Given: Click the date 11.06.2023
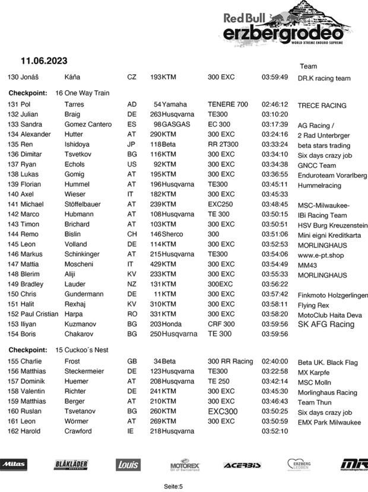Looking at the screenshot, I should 44,60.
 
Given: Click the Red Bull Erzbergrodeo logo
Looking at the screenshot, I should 287,24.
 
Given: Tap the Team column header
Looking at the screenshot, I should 308,66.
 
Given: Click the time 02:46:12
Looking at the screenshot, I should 275,104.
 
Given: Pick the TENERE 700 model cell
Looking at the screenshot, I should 228,104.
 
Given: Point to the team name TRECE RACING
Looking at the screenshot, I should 322,106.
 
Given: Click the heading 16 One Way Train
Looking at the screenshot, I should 83,93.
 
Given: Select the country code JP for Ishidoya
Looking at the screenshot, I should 131,144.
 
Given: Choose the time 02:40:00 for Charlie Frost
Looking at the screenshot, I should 275,361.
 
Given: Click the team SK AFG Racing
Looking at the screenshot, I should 326,324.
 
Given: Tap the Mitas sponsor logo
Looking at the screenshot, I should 14,465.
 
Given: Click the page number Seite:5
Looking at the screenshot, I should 173,486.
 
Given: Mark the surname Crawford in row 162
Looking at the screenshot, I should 78,431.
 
